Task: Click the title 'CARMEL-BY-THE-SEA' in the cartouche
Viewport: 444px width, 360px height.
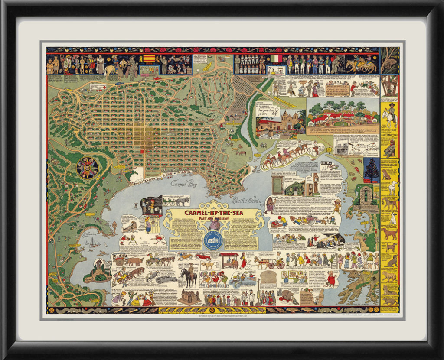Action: coord(214,213)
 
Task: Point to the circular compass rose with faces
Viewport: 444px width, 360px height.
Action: coord(87,168)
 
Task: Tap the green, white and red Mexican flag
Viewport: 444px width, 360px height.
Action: coord(276,58)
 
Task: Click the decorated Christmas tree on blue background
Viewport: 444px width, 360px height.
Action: coord(371,170)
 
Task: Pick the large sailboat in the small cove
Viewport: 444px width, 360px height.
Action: coord(93,243)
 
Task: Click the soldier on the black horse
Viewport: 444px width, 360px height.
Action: coord(188,276)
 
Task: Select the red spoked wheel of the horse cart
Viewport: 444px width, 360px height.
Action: coord(280,265)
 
